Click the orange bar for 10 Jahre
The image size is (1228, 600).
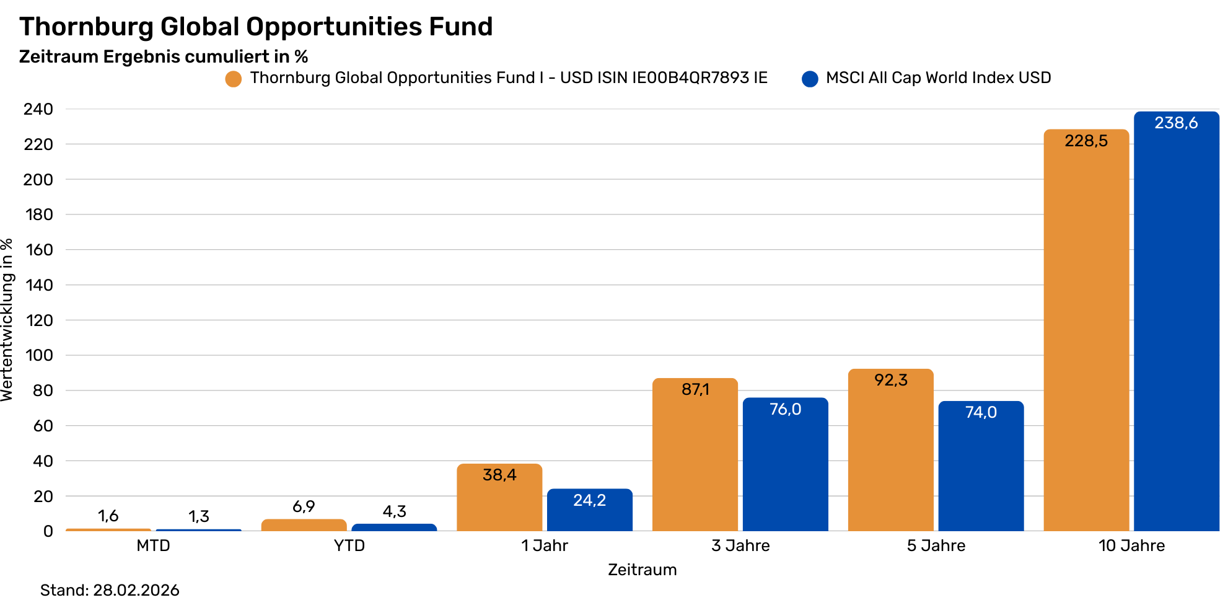[1086, 335]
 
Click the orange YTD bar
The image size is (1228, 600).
[304, 525]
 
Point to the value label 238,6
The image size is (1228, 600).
[1176, 123]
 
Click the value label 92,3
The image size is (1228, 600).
[891, 380]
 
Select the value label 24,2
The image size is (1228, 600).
[589, 500]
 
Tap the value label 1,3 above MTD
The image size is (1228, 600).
[199, 516]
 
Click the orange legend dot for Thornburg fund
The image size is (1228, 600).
[234, 79]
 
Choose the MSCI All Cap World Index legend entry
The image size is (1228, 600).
[938, 78]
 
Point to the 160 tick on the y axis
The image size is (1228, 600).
[39, 250]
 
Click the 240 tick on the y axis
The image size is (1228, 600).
[39, 109]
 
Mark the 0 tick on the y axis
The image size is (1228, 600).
[48, 531]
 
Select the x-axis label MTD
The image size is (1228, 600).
[153, 545]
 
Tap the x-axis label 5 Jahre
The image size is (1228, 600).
[936, 545]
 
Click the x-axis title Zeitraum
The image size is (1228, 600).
[642, 570]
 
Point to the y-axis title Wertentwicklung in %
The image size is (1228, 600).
[7, 320]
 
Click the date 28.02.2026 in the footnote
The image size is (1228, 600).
[136, 589]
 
